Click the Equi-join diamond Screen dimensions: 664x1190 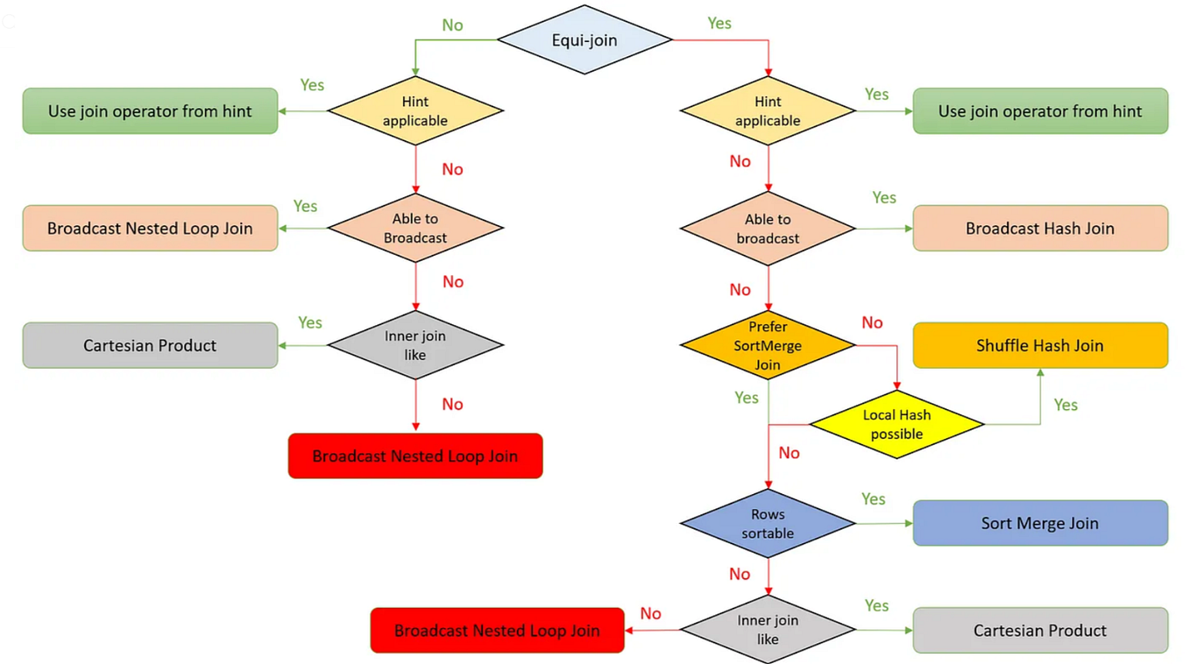coord(584,40)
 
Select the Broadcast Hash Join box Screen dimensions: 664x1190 coord(1040,229)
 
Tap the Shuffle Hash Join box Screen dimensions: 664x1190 coord(1040,345)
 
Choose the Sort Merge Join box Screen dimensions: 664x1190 coord(1040,524)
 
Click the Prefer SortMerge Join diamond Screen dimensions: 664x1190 coord(768,345)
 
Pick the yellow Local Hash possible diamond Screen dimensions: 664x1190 coord(896,425)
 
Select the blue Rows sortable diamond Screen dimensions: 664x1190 coord(768,524)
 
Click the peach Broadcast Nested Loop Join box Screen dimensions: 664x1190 coord(150,229)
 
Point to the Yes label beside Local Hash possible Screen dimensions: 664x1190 coord(1066,405)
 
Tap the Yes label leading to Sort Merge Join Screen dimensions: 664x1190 coord(873,499)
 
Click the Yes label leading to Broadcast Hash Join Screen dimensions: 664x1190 coord(884,198)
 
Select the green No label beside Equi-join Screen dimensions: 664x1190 coord(452,25)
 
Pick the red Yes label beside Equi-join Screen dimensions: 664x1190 coord(719,24)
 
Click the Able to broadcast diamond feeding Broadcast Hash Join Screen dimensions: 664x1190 coord(768,229)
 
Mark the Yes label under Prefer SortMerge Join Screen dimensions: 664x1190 coord(746,398)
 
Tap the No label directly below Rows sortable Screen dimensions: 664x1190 coord(740,574)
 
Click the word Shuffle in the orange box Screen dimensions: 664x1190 coord(1004,345)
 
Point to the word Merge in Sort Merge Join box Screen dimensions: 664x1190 coord(1039,524)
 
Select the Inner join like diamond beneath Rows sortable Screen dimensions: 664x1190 coord(768,630)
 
